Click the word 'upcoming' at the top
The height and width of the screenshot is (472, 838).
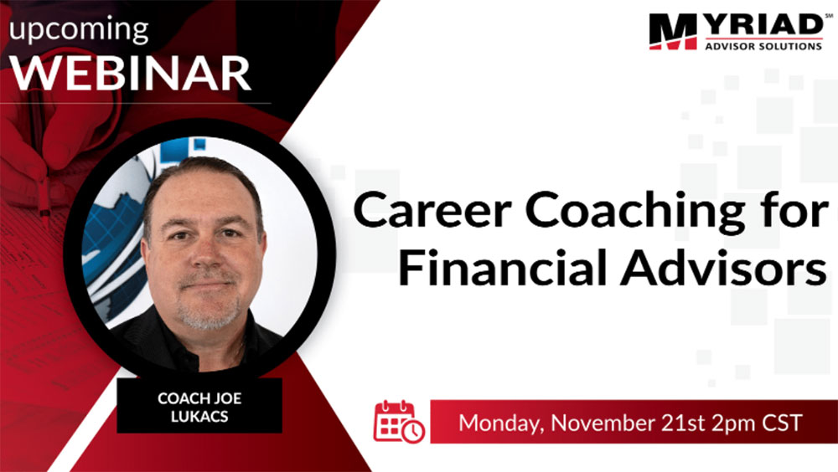coord(79,29)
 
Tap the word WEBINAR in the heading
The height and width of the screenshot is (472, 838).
coord(131,73)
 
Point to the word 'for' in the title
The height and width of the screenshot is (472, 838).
coord(794,209)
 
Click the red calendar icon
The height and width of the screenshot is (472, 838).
coord(399,422)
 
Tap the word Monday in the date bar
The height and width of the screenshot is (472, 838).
coord(501,423)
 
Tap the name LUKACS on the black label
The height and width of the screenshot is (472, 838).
coord(199,417)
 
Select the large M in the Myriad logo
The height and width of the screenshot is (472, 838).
coord(673,32)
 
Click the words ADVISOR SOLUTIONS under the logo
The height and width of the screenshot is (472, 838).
coord(763,47)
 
